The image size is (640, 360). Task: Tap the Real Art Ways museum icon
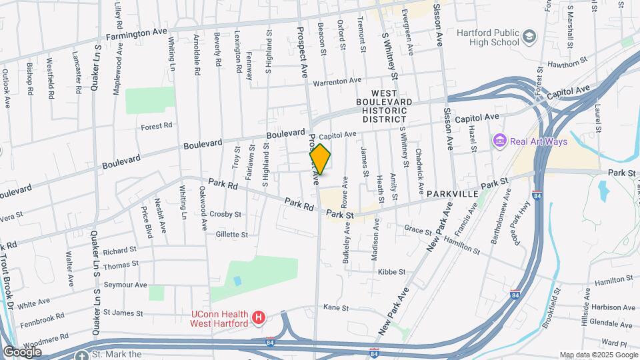coord(498,141)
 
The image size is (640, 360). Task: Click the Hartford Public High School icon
coord(529,36)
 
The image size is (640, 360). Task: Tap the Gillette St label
coord(231,235)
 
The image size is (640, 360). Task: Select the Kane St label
coord(336,307)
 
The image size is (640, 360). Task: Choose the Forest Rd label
coord(157,125)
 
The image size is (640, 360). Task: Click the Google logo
coord(22,351)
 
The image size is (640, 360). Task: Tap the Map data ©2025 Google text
coord(597,355)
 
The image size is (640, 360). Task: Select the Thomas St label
coord(121,265)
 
